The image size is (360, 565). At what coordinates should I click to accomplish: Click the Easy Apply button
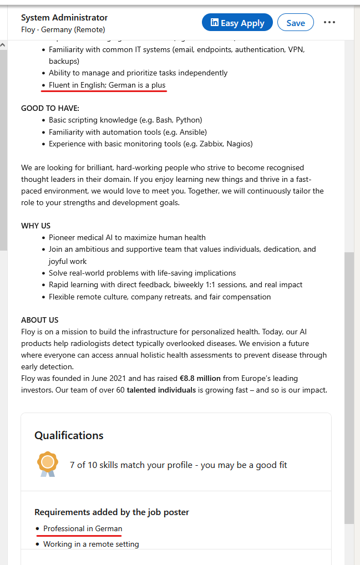(237, 23)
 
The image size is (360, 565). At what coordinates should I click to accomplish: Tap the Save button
(295, 23)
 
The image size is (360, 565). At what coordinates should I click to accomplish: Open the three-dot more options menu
(329, 23)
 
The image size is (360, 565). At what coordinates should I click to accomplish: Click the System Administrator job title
(64, 18)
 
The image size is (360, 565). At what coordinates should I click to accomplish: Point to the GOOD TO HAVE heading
(50, 108)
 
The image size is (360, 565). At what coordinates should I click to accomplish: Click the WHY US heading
(36, 226)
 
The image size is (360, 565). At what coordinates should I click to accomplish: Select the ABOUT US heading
(39, 320)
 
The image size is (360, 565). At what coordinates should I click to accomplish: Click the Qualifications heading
(69, 435)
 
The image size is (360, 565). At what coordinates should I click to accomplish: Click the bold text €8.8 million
(200, 378)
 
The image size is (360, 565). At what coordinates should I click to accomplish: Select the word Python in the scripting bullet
(187, 120)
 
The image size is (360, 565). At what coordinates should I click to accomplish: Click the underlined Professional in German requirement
(83, 528)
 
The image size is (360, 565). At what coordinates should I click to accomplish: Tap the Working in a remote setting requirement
(91, 544)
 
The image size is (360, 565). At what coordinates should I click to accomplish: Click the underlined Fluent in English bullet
(107, 85)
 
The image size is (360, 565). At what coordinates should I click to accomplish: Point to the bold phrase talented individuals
(161, 390)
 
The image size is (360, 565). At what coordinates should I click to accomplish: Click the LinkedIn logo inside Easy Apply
(214, 23)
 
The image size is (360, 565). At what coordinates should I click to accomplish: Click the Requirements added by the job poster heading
(111, 512)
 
